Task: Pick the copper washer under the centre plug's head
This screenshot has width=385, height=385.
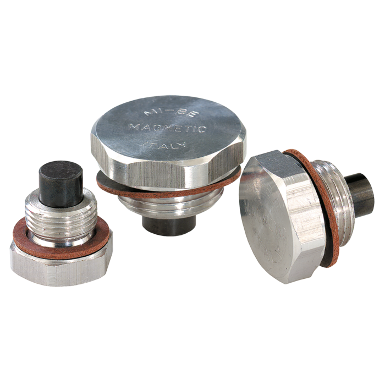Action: click(x=165, y=190)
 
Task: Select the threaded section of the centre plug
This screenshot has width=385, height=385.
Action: click(x=165, y=206)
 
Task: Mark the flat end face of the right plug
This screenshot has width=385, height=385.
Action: click(x=269, y=220)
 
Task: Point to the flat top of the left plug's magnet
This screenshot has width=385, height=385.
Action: click(x=60, y=168)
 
